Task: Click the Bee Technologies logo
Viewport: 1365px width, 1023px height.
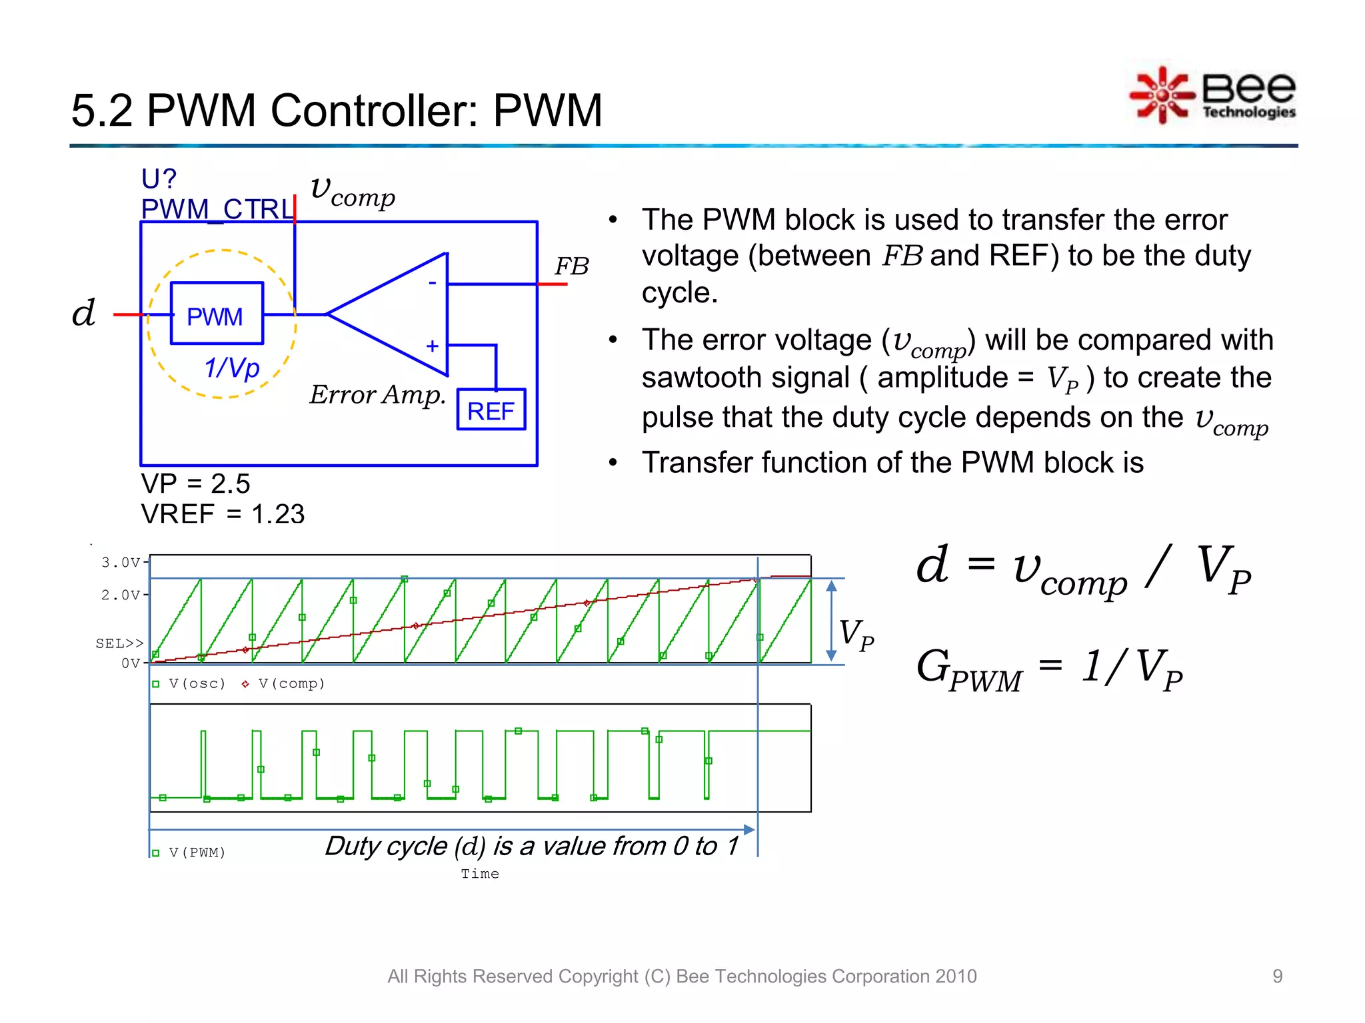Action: (1213, 95)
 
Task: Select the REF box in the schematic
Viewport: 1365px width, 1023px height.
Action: (491, 410)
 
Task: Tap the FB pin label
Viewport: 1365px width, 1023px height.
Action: (572, 266)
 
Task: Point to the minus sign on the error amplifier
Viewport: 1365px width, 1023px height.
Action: (433, 282)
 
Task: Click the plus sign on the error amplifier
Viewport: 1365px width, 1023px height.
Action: (433, 346)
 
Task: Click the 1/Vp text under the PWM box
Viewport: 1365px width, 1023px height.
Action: (232, 368)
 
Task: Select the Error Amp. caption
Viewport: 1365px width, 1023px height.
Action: (377, 395)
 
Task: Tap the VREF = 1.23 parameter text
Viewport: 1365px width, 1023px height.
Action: (223, 513)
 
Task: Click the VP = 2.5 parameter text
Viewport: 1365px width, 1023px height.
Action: (195, 484)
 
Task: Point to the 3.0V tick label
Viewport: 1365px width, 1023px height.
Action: (121, 563)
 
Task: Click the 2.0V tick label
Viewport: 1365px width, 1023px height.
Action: (121, 595)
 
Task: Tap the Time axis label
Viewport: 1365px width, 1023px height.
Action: (480, 874)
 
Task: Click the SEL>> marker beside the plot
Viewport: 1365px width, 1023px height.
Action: (119, 643)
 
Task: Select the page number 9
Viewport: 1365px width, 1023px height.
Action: (1277, 976)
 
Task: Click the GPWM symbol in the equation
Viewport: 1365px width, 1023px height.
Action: (968, 669)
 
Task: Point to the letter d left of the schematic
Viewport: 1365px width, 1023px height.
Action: (84, 312)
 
